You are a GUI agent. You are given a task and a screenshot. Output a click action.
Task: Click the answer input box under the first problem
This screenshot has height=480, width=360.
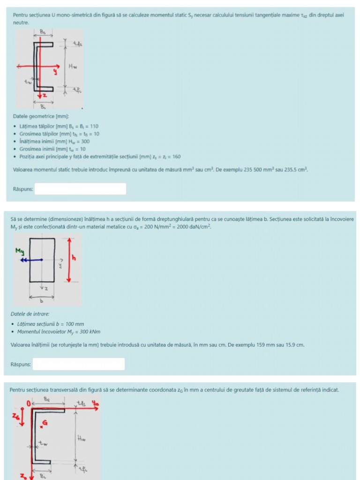[x=80, y=189]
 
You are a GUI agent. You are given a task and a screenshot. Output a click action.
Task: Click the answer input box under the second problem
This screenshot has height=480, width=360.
[x=78, y=364]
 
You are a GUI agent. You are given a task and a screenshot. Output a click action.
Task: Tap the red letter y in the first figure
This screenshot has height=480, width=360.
[x=54, y=72]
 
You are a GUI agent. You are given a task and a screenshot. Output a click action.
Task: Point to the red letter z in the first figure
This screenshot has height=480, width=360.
[x=46, y=96]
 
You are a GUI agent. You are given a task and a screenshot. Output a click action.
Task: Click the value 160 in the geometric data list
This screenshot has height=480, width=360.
[x=176, y=157]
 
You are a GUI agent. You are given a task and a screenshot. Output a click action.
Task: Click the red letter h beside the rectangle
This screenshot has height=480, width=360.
[x=74, y=257]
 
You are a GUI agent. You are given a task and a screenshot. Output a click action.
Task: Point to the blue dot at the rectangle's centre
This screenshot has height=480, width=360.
[x=42, y=259]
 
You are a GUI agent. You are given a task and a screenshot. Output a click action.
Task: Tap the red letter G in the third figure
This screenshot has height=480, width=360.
[x=45, y=423]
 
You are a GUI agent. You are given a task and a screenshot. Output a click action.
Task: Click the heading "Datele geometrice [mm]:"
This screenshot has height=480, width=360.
[x=41, y=116]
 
